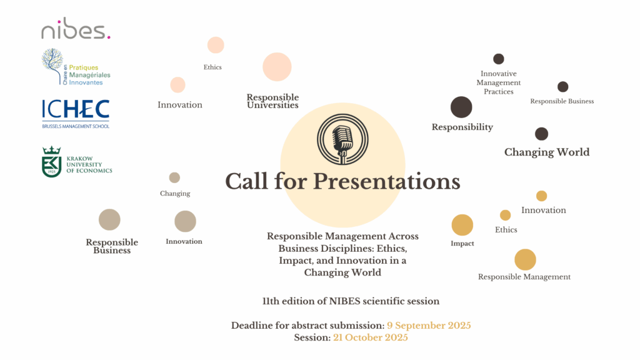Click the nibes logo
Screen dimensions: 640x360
pos(76,29)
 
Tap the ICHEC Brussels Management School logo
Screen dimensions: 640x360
pos(76,114)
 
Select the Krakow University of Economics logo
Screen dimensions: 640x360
pos(77,162)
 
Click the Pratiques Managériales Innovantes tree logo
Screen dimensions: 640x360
pos(76,66)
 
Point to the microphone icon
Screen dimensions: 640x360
pos(343,139)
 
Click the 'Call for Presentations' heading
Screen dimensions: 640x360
pos(343,181)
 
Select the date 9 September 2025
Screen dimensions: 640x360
pos(429,325)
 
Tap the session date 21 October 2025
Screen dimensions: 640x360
pos(371,337)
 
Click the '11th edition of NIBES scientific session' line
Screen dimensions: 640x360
pos(351,301)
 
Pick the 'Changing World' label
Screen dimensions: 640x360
pos(547,152)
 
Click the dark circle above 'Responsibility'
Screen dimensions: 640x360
pos(461,107)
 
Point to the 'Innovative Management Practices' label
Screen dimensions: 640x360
pos(499,82)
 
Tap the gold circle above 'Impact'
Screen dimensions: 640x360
pos(462,225)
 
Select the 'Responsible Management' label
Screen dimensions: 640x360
pos(524,277)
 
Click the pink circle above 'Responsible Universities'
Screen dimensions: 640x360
pos(277,67)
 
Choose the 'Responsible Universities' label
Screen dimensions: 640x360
pos(272,101)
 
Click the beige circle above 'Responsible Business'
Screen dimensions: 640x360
pos(109,219)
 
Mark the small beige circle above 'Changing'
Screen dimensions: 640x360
pos(175,177)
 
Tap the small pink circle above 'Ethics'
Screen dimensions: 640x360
pos(216,45)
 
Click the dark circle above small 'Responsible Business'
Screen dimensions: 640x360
pos(563,86)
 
